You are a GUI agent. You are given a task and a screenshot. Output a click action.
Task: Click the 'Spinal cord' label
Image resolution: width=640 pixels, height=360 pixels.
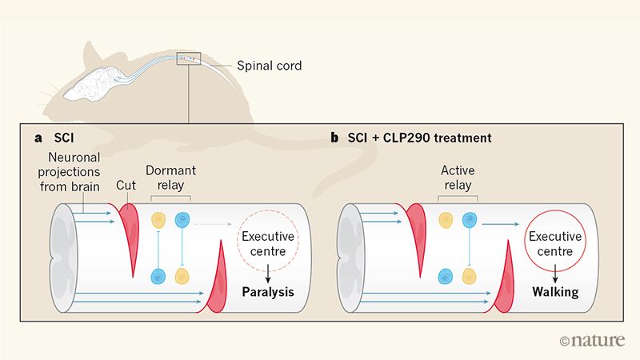[270, 66]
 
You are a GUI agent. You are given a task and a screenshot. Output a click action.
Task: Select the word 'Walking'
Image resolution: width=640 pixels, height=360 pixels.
[555, 292]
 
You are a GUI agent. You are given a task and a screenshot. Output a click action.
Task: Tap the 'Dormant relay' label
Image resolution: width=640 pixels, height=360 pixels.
[170, 178]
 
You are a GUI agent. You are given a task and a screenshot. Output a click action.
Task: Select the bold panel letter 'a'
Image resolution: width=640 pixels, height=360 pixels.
[38, 138]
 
